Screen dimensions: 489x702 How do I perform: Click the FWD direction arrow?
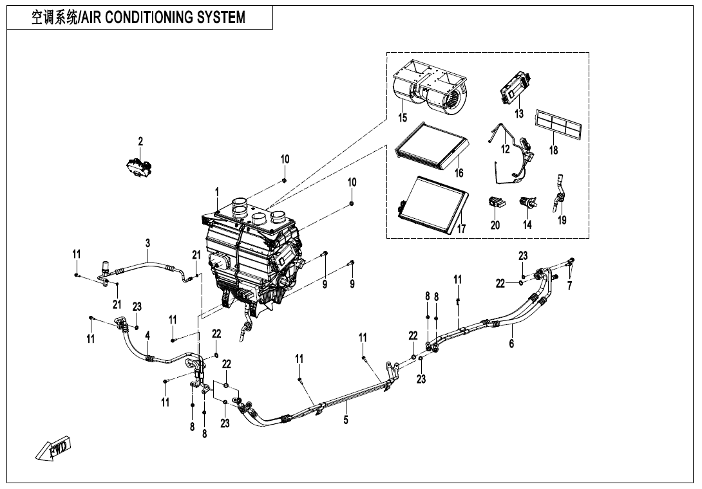point(55,449)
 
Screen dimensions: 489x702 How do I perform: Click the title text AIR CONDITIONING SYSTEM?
point(138,17)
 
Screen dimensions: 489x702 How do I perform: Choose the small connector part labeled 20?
point(496,201)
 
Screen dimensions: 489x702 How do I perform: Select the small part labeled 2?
point(140,166)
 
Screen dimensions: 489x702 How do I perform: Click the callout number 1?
point(217,192)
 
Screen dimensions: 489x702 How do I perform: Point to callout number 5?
point(346,421)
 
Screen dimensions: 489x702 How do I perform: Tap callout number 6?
point(511,344)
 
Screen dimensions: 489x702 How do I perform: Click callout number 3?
point(147,243)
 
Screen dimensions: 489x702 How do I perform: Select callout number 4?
point(147,335)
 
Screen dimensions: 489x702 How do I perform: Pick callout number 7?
point(569,286)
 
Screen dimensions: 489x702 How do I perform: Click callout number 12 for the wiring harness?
point(506,149)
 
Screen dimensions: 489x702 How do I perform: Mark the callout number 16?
point(459,173)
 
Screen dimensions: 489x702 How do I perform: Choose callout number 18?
point(553,151)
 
